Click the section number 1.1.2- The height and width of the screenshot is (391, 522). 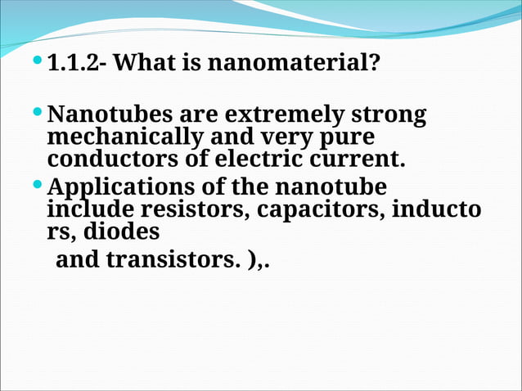click(79, 62)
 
